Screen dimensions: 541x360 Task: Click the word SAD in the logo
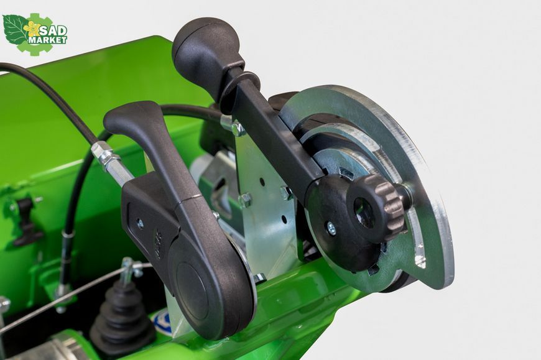point(53,31)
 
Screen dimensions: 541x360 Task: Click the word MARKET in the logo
point(47,40)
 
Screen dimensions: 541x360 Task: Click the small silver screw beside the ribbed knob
point(331,227)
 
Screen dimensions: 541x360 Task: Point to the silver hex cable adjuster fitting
point(106,157)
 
